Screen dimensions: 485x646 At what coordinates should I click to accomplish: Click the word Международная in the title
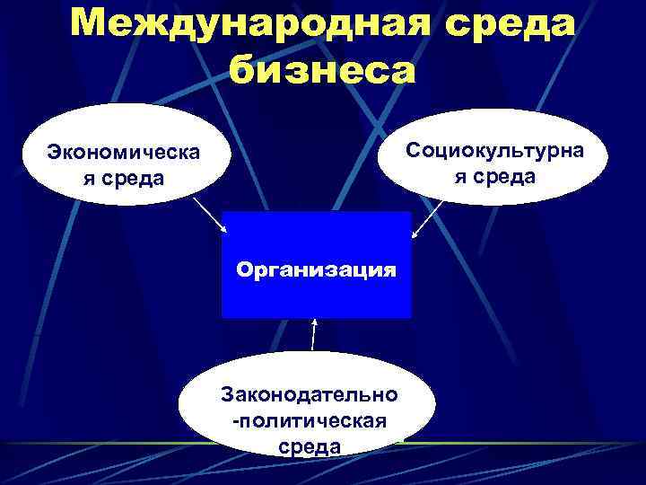pyautogui.click(x=229, y=22)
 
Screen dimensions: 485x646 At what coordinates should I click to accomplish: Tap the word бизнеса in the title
pyautogui.click(x=323, y=68)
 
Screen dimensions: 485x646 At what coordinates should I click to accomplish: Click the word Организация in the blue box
pyautogui.click(x=316, y=269)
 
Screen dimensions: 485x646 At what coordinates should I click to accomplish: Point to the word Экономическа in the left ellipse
pyautogui.click(x=124, y=153)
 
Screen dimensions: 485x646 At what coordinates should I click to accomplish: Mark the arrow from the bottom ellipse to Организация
pyautogui.click(x=313, y=334)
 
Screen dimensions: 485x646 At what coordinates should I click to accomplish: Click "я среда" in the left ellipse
pyautogui.click(x=124, y=177)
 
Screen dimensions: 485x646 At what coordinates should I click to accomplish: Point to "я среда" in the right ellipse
pyautogui.click(x=493, y=173)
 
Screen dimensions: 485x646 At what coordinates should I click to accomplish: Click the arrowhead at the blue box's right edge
pyautogui.click(x=415, y=235)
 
